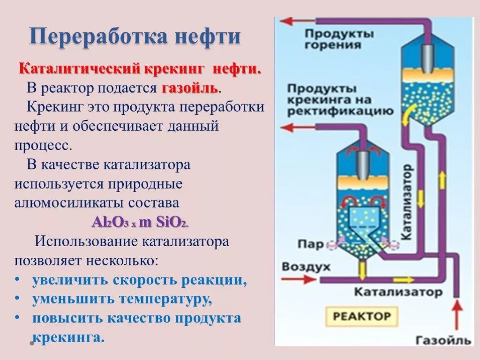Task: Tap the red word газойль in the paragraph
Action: click(x=190, y=88)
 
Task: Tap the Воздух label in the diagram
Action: click(x=306, y=267)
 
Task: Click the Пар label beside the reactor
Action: click(x=310, y=244)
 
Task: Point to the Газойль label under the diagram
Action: click(x=442, y=340)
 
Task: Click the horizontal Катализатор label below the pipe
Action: click(x=397, y=292)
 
